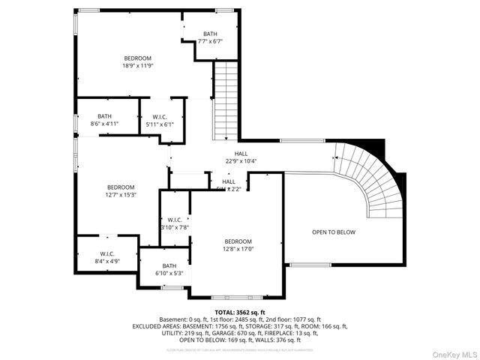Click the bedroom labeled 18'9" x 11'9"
[138, 62]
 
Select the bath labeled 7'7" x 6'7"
[210, 38]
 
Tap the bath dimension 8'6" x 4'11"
[104, 120]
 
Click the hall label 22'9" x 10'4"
[241, 157]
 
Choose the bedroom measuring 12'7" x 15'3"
[120, 191]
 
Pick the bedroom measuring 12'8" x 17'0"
[237, 245]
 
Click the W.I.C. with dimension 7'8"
[174, 223]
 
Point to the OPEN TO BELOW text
[334, 232]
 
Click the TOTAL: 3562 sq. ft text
[240, 312]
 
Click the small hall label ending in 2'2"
[228, 185]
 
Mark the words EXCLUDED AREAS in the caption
[156, 326]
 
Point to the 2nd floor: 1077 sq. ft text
[298, 319]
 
